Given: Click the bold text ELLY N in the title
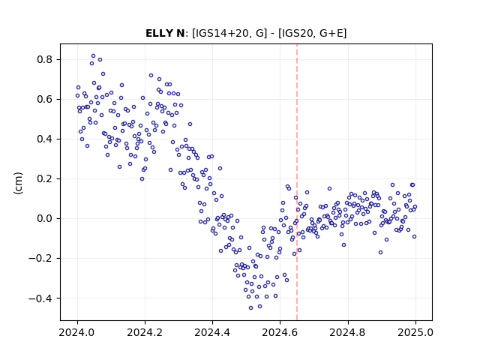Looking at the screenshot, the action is [x=165, y=33].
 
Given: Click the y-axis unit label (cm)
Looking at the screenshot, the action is [x=18, y=183].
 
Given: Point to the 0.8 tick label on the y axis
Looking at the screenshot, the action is [x=45, y=59].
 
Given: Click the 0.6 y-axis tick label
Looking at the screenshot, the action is [x=45, y=99].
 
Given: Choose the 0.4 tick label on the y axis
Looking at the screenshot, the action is [x=45, y=139].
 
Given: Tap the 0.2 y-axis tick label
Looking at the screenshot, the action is [x=45, y=178].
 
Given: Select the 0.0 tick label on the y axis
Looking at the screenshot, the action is [x=45, y=218].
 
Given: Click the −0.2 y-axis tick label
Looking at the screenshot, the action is [x=40, y=258].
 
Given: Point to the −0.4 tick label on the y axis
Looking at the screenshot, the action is [x=40, y=298].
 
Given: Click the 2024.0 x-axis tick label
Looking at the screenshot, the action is [x=77, y=332].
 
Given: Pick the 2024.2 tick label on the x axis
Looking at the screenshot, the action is [x=145, y=332].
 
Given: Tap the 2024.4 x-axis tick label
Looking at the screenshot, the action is [x=212, y=332].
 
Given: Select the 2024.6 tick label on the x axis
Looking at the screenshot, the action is [x=280, y=332].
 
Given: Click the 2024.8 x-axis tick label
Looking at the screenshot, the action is [x=348, y=332].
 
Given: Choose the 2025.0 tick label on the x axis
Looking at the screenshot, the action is [x=415, y=332].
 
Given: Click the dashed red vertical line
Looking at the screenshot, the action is [x=297, y=182].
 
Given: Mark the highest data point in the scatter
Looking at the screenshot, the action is [x=93, y=56].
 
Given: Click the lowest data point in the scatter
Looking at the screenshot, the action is [x=250, y=308].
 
